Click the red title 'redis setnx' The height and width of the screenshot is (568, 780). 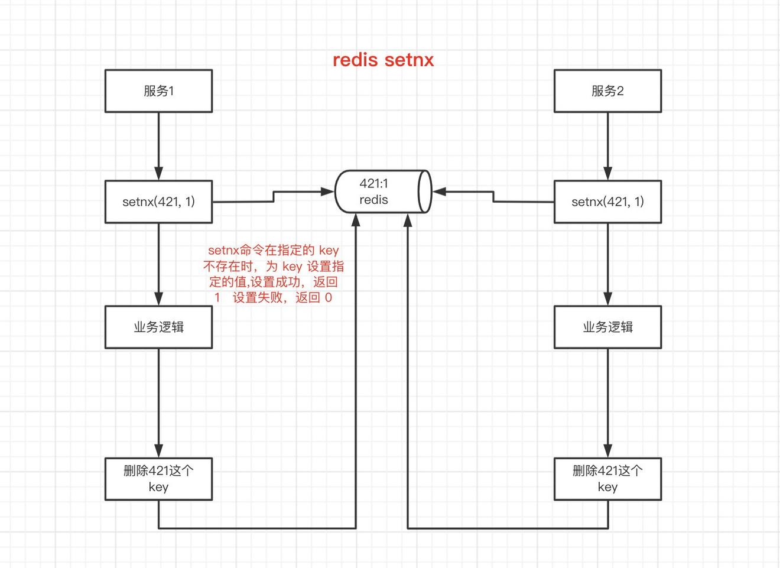pos(383,60)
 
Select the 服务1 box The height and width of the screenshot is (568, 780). pos(158,91)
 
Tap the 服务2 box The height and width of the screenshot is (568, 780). pos(607,91)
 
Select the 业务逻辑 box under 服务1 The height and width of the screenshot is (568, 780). pos(158,327)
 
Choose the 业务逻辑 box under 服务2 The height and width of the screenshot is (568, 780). pos(607,327)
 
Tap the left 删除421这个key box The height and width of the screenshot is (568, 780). pos(158,479)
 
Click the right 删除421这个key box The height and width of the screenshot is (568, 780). pos(607,479)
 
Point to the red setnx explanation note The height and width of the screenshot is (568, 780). pos(274,274)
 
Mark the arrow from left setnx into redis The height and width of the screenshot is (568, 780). pos(274,196)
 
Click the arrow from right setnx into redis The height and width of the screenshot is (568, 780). pos(493,196)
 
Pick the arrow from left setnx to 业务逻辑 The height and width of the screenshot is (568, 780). pos(158,264)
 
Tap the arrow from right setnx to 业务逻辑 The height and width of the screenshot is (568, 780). pos(607,264)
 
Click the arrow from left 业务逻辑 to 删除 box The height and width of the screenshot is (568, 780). pos(158,403)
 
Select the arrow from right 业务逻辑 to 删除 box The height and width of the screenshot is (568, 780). pos(607,403)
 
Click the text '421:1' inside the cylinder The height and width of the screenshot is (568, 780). pos(373,183)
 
